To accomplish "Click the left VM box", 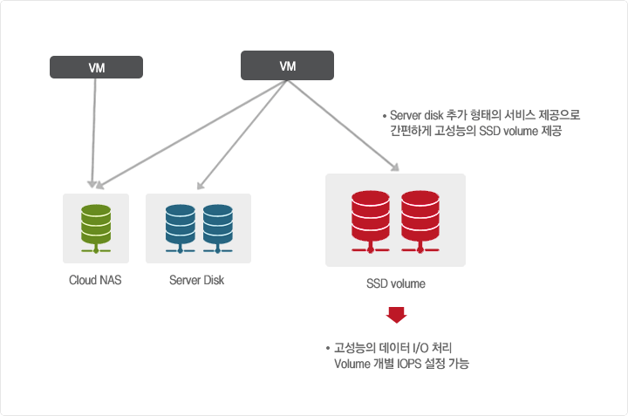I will (97, 67).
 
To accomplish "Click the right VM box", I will (287, 65).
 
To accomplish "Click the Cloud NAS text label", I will (95, 281).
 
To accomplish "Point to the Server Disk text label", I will (196, 281).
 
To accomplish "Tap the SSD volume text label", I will (395, 284).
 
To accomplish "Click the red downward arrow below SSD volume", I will (397, 315).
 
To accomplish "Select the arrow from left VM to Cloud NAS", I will (92, 131).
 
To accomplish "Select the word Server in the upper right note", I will (406, 115).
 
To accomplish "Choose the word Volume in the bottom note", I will (353, 364).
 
